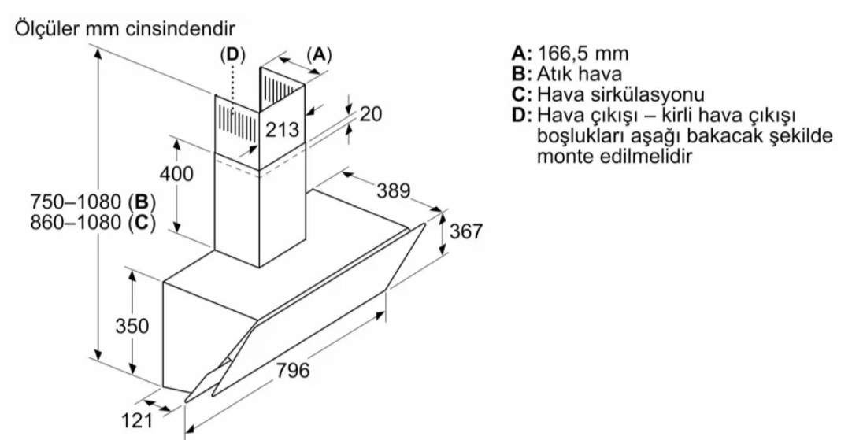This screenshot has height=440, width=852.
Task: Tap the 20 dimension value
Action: pyautogui.click(x=371, y=114)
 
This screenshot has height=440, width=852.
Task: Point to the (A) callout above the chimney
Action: pyautogui.click(x=318, y=54)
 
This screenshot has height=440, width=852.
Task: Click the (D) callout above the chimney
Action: pyautogui.click(x=232, y=54)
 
